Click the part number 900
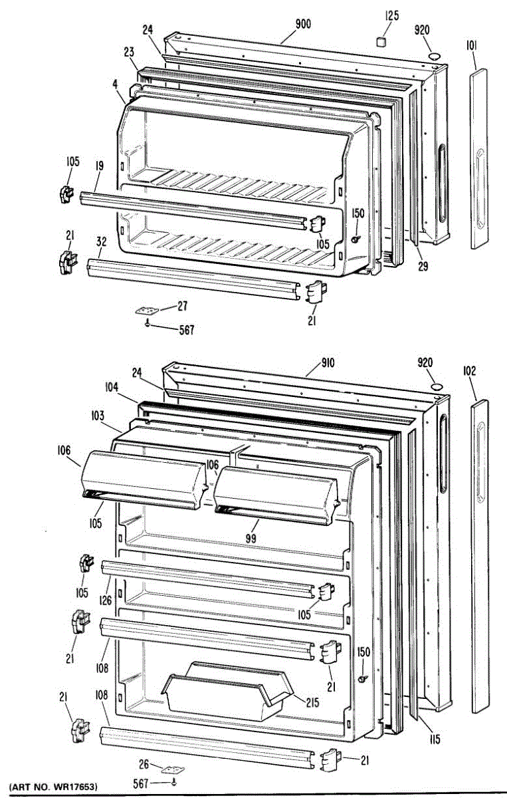pos(303,25)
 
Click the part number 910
pos(327,362)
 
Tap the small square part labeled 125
pos(381,42)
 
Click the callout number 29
pos(423,267)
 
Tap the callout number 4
pos(116,84)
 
